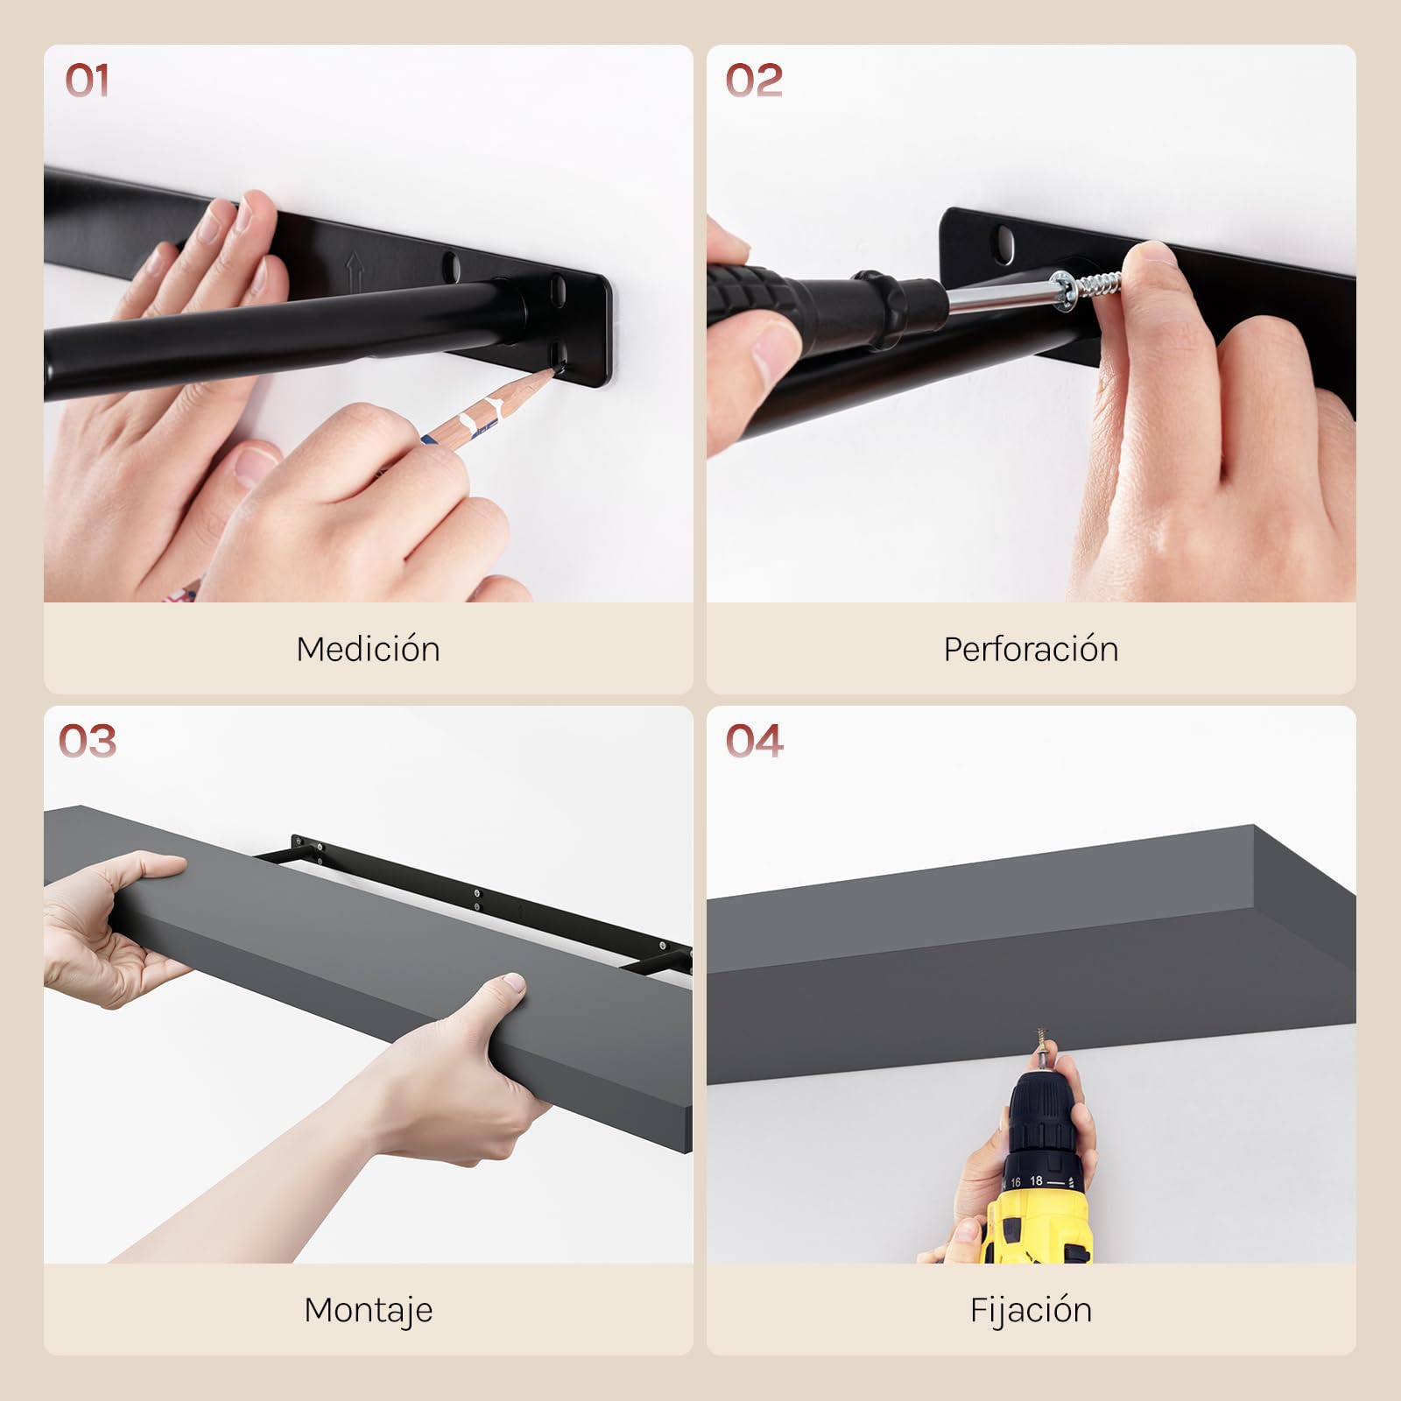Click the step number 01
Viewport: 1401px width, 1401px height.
pyautogui.click(x=87, y=81)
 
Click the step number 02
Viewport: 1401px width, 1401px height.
pyautogui.click(x=754, y=81)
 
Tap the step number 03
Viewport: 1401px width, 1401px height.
pyautogui.click(x=88, y=742)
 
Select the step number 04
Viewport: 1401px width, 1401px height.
pyautogui.click(x=754, y=742)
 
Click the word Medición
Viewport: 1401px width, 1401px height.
pyautogui.click(x=368, y=649)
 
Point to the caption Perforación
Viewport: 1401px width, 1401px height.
pyautogui.click(x=1031, y=649)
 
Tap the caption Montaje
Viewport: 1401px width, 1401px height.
pyautogui.click(x=368, y=1310)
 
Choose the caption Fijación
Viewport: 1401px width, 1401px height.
pyautogui.click(x=1031, y=1310)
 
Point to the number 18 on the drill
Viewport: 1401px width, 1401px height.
pyautogui.click(x=1036, y=1180)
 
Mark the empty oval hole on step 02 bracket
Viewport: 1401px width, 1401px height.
pyautogui.click(x=1006, y=239)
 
